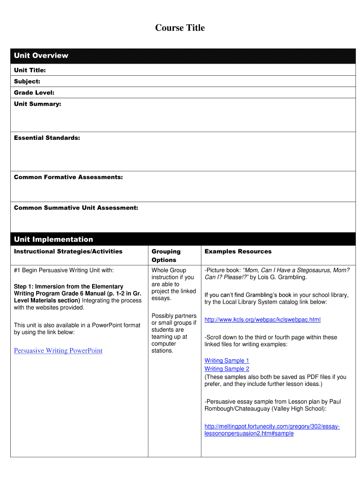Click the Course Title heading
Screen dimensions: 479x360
coord(180,28)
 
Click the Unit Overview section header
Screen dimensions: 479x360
coord(41,56)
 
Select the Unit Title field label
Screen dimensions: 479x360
coord(30,70)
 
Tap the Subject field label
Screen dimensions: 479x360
coord(27,81)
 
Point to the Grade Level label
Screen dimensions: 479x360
coord(34,93)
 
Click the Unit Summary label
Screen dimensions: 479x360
coord(37,104)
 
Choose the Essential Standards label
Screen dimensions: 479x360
coord(47,138)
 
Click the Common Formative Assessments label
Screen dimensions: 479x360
coord(68,177)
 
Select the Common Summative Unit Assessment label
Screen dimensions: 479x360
coord(76,208)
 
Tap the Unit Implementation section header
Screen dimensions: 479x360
coord(53,239)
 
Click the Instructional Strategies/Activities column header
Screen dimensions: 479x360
coord(68,252)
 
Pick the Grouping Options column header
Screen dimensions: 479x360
coord(166,255)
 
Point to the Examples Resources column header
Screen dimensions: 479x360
coord(238,252)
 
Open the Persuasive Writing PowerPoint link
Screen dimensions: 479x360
coord(58,351)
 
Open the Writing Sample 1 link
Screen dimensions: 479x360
coord(227,361)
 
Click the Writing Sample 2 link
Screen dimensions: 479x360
coord(227,369)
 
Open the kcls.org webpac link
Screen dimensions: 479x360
coord(262,320)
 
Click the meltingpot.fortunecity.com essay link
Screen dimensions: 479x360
coord(272,430)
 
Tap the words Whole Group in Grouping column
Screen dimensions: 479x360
coord(169,270)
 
